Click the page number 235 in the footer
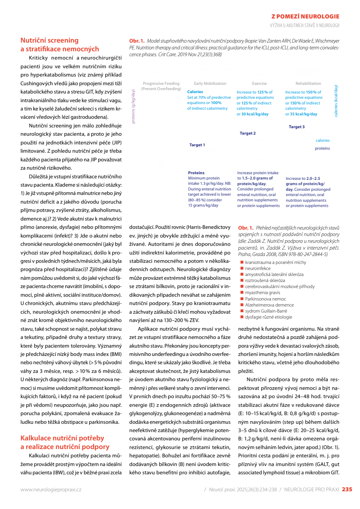point(347,489)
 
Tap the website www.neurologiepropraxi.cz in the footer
point(51,489)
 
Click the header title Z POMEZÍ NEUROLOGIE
point(305,17)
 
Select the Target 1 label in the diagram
point(197,145)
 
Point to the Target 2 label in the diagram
point(248,133)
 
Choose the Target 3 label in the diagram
point(297,127)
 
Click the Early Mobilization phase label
point(210,83)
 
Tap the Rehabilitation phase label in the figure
point(308,83)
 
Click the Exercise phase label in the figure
point(259,83)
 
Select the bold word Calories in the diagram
point(195,92)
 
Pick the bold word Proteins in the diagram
point(196,173)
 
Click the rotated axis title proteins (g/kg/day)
point(133,106)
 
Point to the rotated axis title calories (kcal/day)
point(336,101)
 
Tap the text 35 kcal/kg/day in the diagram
point(303,114)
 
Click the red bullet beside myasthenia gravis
point(242,293)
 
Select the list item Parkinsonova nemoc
point(265,299)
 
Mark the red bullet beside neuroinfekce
point(242,268)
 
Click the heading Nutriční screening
point(49,40)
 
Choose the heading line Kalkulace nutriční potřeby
point(62,438)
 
